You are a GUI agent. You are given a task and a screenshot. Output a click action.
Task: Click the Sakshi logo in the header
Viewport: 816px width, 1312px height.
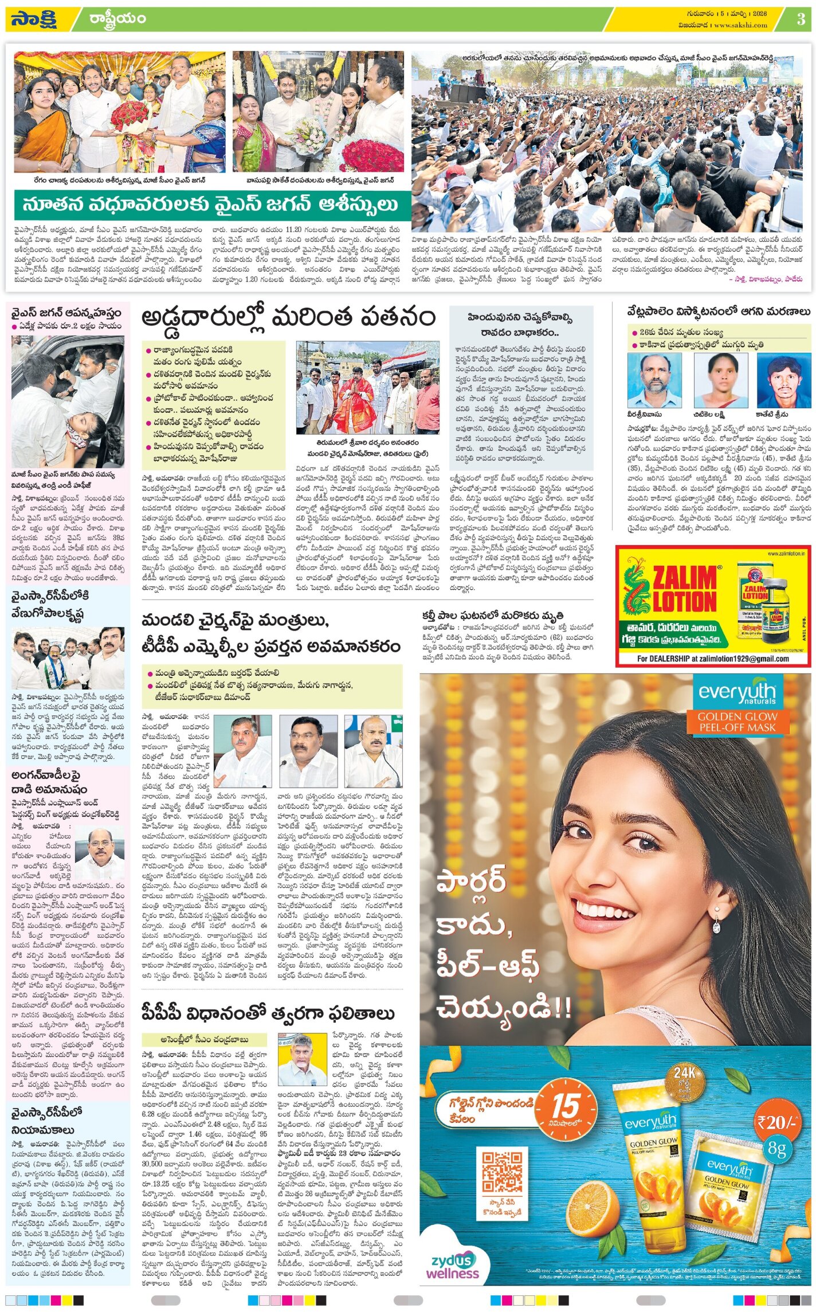(33, 19)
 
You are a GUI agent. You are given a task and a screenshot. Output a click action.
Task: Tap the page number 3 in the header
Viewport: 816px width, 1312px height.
(801, 19)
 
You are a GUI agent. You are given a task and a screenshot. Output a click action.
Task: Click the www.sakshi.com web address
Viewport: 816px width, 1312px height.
(740, 25)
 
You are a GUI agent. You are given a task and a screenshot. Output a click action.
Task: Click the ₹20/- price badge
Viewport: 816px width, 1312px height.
(776, 1122)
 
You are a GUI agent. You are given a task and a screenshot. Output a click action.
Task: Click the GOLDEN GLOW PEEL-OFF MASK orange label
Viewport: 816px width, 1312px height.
(737, 722)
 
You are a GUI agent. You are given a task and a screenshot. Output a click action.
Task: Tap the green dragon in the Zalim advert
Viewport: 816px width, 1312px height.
(635, 590)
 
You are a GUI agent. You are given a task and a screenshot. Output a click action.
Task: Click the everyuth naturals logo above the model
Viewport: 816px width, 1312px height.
(737, 693)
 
